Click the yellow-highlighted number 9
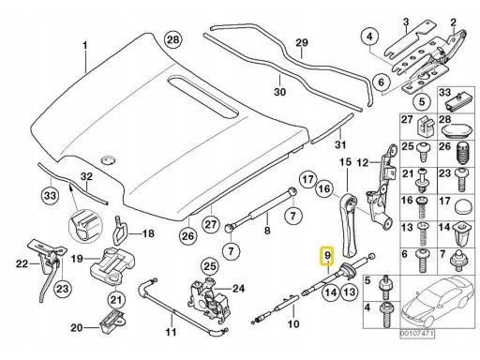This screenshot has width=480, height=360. [327, 256]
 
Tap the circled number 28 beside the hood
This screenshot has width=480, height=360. [173, 39]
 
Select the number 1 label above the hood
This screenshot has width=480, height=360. [84, 46]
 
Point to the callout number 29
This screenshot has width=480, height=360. [302, 43]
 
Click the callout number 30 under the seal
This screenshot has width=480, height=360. [279, 92]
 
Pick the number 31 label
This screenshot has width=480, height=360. [340, 144]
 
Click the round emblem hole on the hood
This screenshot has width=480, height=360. [108, 159]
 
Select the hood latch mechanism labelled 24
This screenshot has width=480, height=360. [208, 298]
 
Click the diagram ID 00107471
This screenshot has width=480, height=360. [417, 334]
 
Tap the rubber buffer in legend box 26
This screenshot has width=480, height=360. [463, 154]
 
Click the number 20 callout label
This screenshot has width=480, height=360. [77, 328]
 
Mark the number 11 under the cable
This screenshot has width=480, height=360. [171, 332]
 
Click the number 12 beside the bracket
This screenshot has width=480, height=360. [363, 162]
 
